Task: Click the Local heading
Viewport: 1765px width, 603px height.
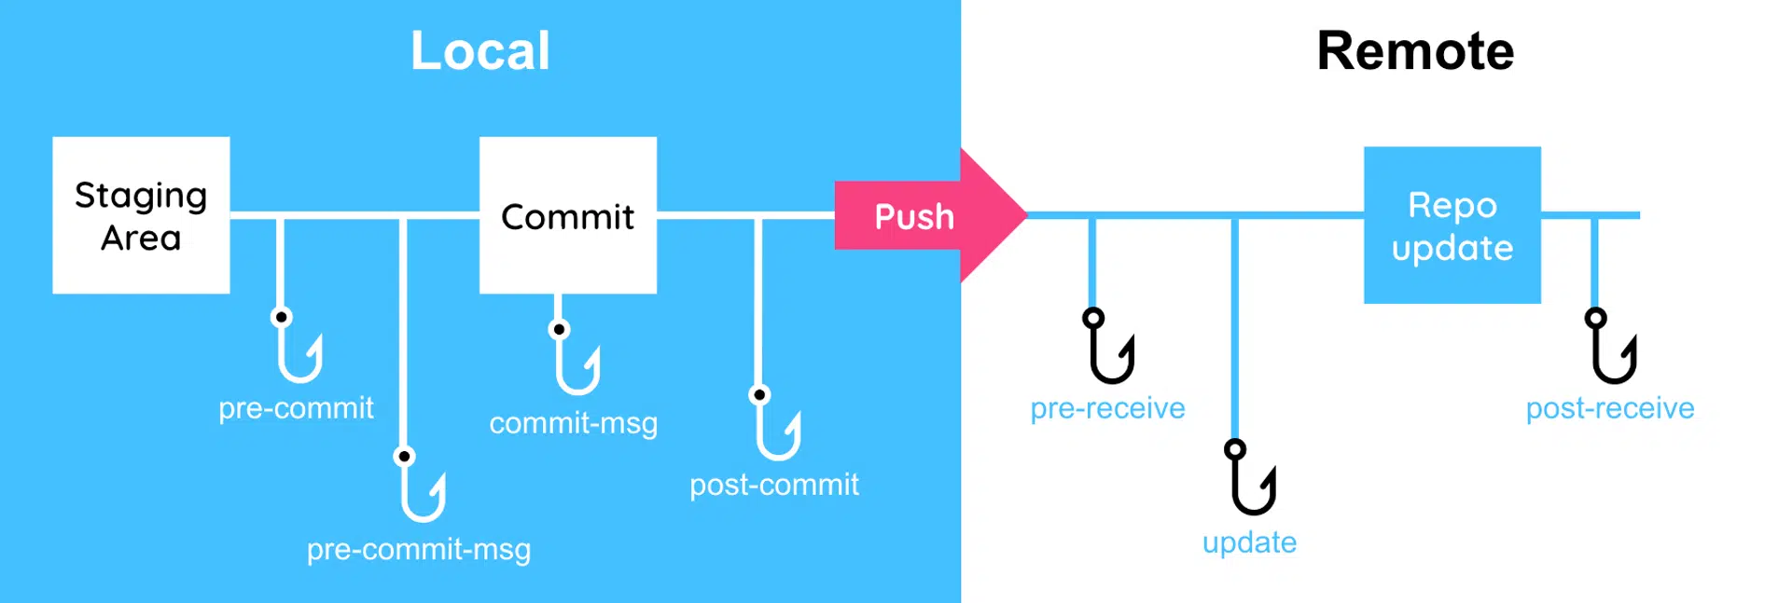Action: pos(480,50)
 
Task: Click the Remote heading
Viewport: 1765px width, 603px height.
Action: pos(1414,50)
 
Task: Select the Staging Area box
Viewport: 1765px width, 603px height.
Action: pos(141,215)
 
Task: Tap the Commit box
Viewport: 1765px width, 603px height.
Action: pos(567,215)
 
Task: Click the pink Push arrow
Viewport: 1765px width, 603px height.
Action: pos(924,216)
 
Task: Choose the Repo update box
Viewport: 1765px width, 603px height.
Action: pos(1452,226)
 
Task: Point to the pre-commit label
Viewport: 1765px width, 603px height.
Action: pos(296,408)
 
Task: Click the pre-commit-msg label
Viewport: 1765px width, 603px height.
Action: pos(419,549)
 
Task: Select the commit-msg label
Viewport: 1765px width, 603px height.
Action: pos(573,423)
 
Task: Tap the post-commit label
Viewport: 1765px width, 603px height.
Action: pos(773,485)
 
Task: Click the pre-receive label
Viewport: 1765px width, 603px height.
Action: pos(1107,408)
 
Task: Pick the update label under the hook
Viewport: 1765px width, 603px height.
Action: pos(1249,542)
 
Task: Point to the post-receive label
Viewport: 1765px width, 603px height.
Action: pos(1609,408)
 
